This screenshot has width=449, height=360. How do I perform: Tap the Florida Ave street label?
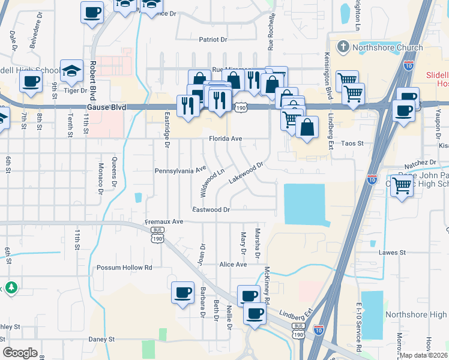(x=225, y=139)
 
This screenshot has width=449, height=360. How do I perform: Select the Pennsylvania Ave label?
(x=181, y=170)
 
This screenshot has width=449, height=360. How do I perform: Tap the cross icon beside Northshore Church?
(x=343, y=46)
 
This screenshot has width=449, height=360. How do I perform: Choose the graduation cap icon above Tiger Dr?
(x=71, y=71)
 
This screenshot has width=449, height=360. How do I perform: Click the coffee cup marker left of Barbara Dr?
(x=182, y=293)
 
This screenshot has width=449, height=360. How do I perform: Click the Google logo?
(x=20, y=352)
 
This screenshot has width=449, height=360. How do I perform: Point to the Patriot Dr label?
(x=213, y=40)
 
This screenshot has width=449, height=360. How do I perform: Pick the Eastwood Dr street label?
(x=211, y=209)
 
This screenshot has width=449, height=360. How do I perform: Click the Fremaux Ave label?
(x=164, y=221)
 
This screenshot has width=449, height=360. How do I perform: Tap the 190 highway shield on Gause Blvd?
(x=241, y=107)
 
